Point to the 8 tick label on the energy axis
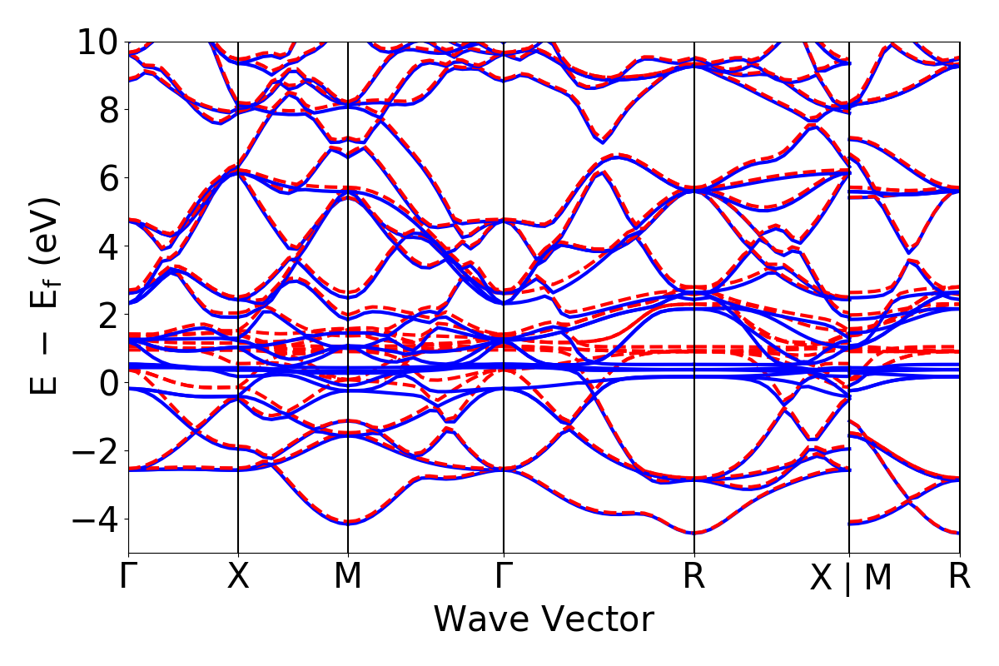[x=107, y=110]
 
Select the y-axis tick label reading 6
[x=107, y=178]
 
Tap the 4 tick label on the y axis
[x=107, y=246]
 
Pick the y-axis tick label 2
[x=107, y=315]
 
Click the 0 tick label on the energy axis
[x=107, y=383]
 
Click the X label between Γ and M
[x=238, y=576]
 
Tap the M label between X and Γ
[x=347, y=576]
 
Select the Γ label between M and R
[x=504, y=576]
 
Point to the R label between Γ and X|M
[x=694, y=576]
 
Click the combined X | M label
[x=850, y=578]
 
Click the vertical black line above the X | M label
[x=849, y=250]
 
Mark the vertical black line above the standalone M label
[x=347, y=250]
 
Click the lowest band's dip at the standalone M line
[x=347, y=523]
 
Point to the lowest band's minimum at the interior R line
[x=694, y=533]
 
